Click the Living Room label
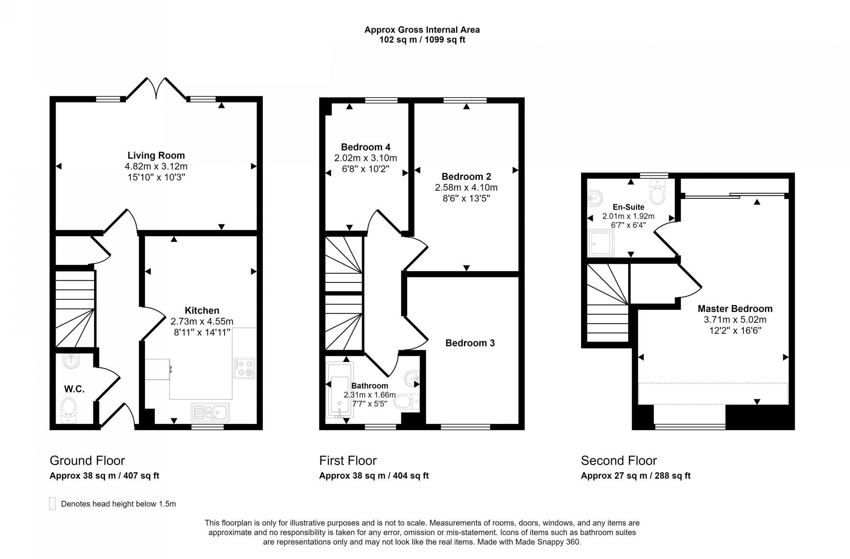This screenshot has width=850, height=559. [156, 155]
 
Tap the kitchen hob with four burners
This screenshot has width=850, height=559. [244, 368]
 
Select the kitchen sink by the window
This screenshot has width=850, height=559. [210, 412]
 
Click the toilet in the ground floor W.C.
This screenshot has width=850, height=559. [68, 409]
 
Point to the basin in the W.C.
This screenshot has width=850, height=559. [71, 361]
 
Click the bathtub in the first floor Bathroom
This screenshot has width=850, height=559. [340, 390]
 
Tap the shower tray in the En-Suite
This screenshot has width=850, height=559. [601, 243]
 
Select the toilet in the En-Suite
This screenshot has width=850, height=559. [657, 192]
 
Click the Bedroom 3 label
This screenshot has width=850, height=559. [470, 343]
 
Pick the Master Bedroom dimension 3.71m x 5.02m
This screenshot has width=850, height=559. [735, 320]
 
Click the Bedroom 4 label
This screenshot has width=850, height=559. [365, 147]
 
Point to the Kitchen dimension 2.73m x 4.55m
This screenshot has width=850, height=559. [202, 321]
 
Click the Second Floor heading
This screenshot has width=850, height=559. [618, 461]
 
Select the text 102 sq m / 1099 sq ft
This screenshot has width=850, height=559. [422, 40]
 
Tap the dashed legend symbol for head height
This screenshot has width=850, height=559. [52, 503]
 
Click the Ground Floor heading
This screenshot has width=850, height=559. [87, 461]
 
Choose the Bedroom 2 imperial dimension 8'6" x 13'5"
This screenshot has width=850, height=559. [466, 199]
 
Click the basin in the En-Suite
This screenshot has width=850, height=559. [595, 199]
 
